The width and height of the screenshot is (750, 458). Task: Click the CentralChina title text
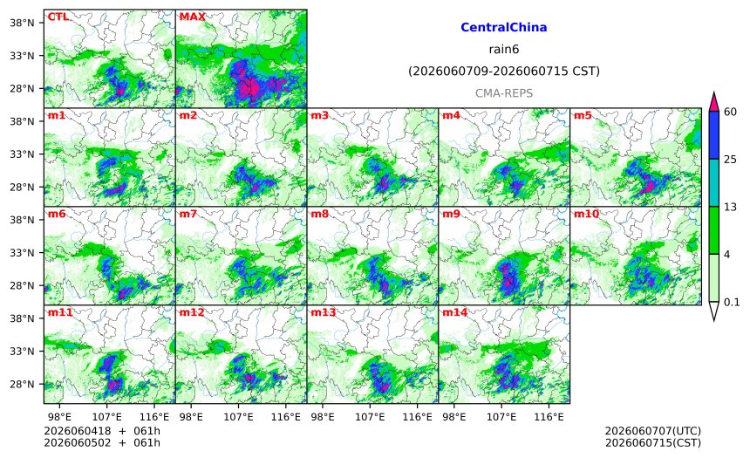coord(504,27)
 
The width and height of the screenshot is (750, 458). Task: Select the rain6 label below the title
coord(504,50)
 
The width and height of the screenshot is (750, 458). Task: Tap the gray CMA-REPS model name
coord(504,93)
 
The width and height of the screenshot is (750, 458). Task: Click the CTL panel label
coord(58,17)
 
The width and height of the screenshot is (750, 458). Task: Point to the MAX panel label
coord(192,17)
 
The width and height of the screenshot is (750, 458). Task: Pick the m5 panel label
coord(583,115)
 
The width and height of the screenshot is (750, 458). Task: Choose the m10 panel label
coord(586,214)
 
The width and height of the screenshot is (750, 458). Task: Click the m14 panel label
coord(455,312)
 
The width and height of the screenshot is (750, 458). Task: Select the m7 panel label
coord(188,214)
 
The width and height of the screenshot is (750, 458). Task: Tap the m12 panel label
coord(192,312)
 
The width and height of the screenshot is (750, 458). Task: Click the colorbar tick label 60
coord(731,112)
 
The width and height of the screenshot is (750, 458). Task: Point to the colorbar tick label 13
coord(731,208)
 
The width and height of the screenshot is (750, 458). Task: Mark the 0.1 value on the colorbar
coord(732,303)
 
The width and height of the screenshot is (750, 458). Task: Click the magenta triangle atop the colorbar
coord(713,102)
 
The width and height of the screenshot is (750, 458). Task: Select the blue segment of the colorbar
coord(713,135)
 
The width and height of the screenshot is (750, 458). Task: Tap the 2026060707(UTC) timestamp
coord(653,431)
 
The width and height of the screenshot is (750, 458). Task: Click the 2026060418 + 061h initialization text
coord(102,431)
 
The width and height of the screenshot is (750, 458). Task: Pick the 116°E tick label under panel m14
coord(549,417)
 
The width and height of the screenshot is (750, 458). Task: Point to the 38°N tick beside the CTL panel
coord(22,23)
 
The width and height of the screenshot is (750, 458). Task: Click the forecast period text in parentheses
coord(504,72)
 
